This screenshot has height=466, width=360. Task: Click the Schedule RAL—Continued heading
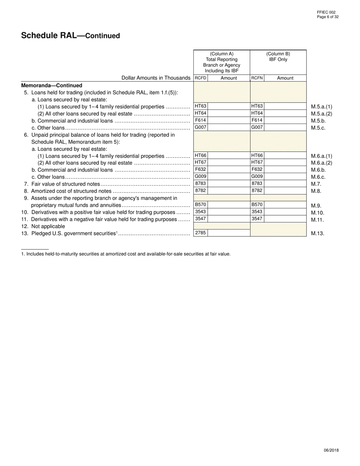[70, 36]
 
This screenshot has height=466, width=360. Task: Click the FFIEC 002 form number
[326, 13]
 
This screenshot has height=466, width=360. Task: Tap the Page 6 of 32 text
[328, 17]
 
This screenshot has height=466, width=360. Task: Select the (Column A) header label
[222, 54]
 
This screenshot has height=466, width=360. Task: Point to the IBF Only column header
[278, 59]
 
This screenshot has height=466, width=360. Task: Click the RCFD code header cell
[200, 78]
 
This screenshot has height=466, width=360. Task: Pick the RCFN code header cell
[257, 78]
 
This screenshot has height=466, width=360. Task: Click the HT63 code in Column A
[200, 106]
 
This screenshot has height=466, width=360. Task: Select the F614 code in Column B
[257, 120]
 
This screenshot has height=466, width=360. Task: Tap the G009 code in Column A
[200, 177]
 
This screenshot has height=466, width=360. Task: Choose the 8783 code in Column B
[257, 183]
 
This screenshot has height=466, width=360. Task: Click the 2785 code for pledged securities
[200, 233]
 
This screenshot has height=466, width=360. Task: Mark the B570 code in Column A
[200, 205]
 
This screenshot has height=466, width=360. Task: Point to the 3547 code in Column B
[257, 219]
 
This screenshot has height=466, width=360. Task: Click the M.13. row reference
[318, 234]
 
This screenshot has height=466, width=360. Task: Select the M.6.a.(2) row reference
[321, 163]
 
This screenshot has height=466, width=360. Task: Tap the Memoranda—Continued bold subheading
[52, 86]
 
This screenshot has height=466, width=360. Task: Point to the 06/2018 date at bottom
[331, 450]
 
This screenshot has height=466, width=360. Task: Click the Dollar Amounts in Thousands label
[156, 78]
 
